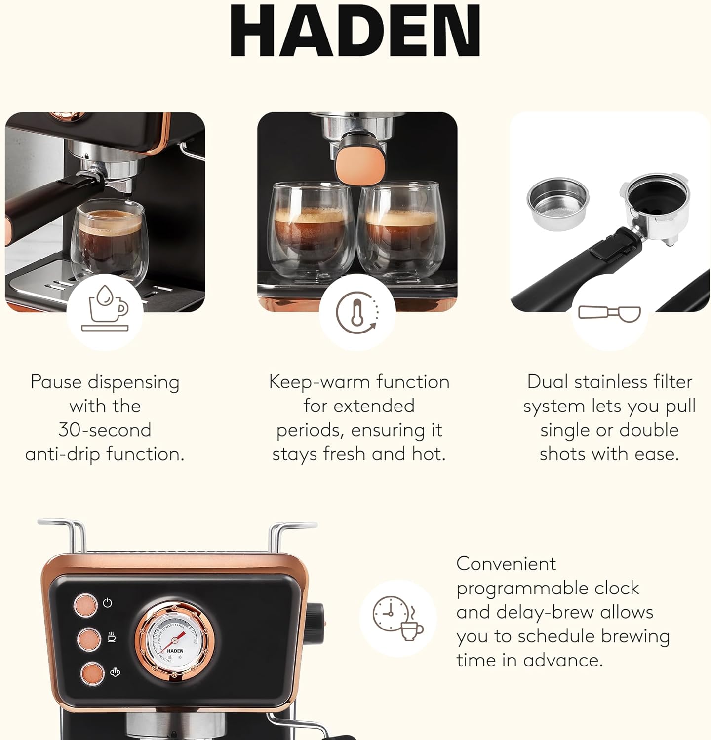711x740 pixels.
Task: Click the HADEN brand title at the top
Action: click(355, 31)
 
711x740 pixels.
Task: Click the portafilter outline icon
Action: click(609, 314)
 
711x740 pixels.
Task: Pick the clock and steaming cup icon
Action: click(397, 619)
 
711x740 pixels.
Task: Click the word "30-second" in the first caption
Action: click(105, 430)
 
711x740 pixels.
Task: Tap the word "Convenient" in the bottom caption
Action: click(506, 564)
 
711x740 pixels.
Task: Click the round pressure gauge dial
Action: click(175, 640)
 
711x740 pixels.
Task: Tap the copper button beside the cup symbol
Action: click(89, 639)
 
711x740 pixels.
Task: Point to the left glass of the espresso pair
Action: click(311, 229)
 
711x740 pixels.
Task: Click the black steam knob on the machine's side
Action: click(316, 618)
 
